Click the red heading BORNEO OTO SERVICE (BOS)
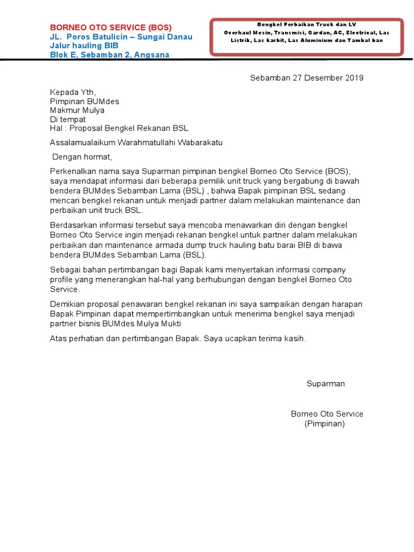[x=111, y=27]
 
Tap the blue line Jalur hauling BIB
[x=84, y=46]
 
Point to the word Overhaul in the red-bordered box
[x=238, y=32]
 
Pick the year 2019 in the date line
[x=354, y=78]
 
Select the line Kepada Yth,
[x=73, y=92]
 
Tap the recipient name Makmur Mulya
[x=77, y=111]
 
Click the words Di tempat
[x=67, y=119]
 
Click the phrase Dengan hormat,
[x=82, y=157]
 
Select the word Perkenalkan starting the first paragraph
[x=72, y=172]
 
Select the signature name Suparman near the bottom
[x=326, y=384]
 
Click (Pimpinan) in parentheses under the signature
[x=325, y=424]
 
